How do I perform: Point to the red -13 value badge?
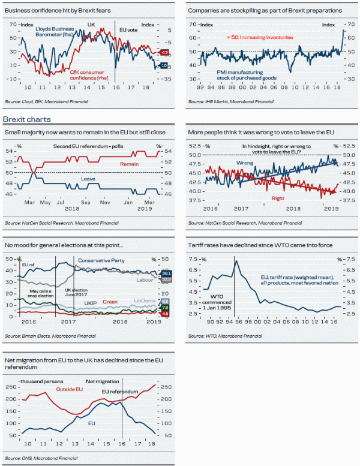[164, 53]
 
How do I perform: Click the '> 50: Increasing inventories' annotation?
[255, 37]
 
